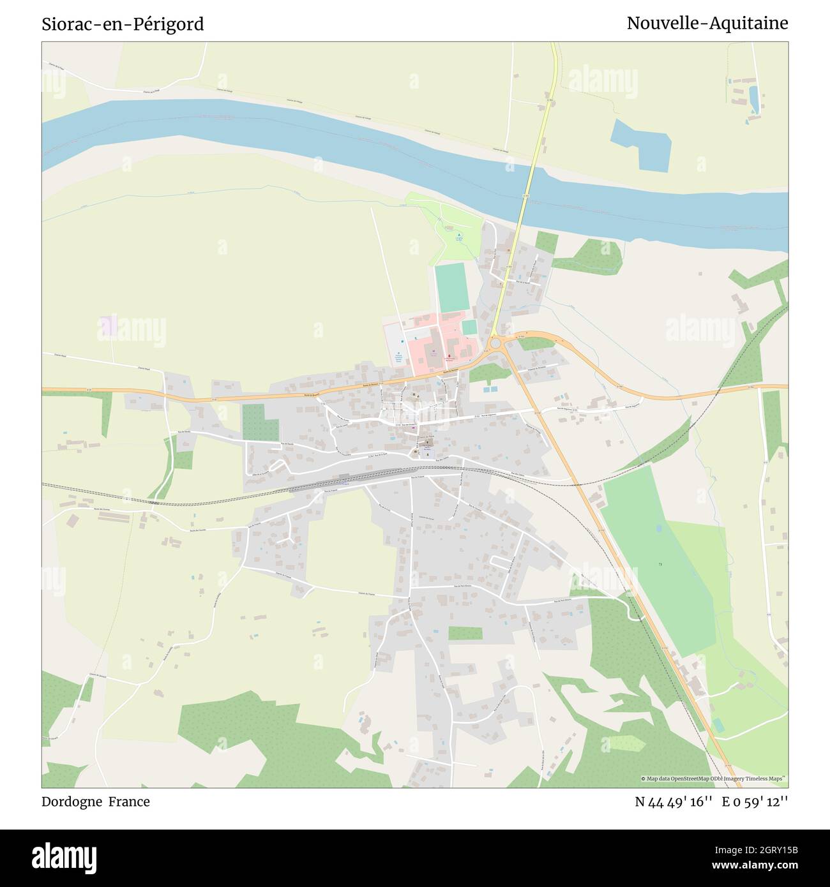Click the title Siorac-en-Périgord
123,24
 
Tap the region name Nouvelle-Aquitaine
707,23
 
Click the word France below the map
129,801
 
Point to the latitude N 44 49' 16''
674,802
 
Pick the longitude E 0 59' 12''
755,802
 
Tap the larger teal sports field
451,288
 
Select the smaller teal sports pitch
469,327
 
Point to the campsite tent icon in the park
458,235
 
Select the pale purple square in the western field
109,326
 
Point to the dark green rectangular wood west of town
260,422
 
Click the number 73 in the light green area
660,565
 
